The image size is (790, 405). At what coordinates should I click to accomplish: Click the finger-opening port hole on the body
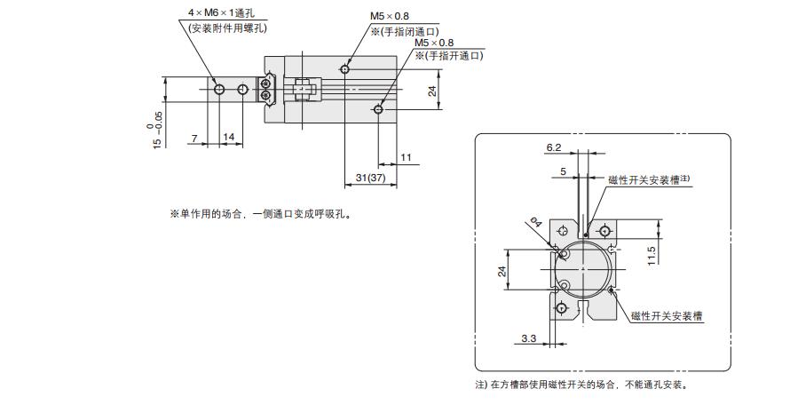[379, 109]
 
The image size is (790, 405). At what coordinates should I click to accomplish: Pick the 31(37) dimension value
[368, 178]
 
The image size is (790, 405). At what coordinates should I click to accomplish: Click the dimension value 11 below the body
[406, 157]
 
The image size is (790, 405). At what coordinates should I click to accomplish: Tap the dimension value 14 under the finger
[229, 137]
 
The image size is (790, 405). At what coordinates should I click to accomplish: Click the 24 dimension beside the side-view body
[432, 90]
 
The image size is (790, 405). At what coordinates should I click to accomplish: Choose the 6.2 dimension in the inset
[554, 148]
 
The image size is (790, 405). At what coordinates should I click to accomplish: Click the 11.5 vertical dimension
[651, 255]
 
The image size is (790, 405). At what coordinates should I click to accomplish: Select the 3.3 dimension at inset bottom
[527, 338]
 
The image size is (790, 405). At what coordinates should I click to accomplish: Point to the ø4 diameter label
[534, 223]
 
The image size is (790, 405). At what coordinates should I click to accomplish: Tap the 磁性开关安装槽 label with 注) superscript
[649, 179]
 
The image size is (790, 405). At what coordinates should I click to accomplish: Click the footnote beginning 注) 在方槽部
[582, 385]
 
